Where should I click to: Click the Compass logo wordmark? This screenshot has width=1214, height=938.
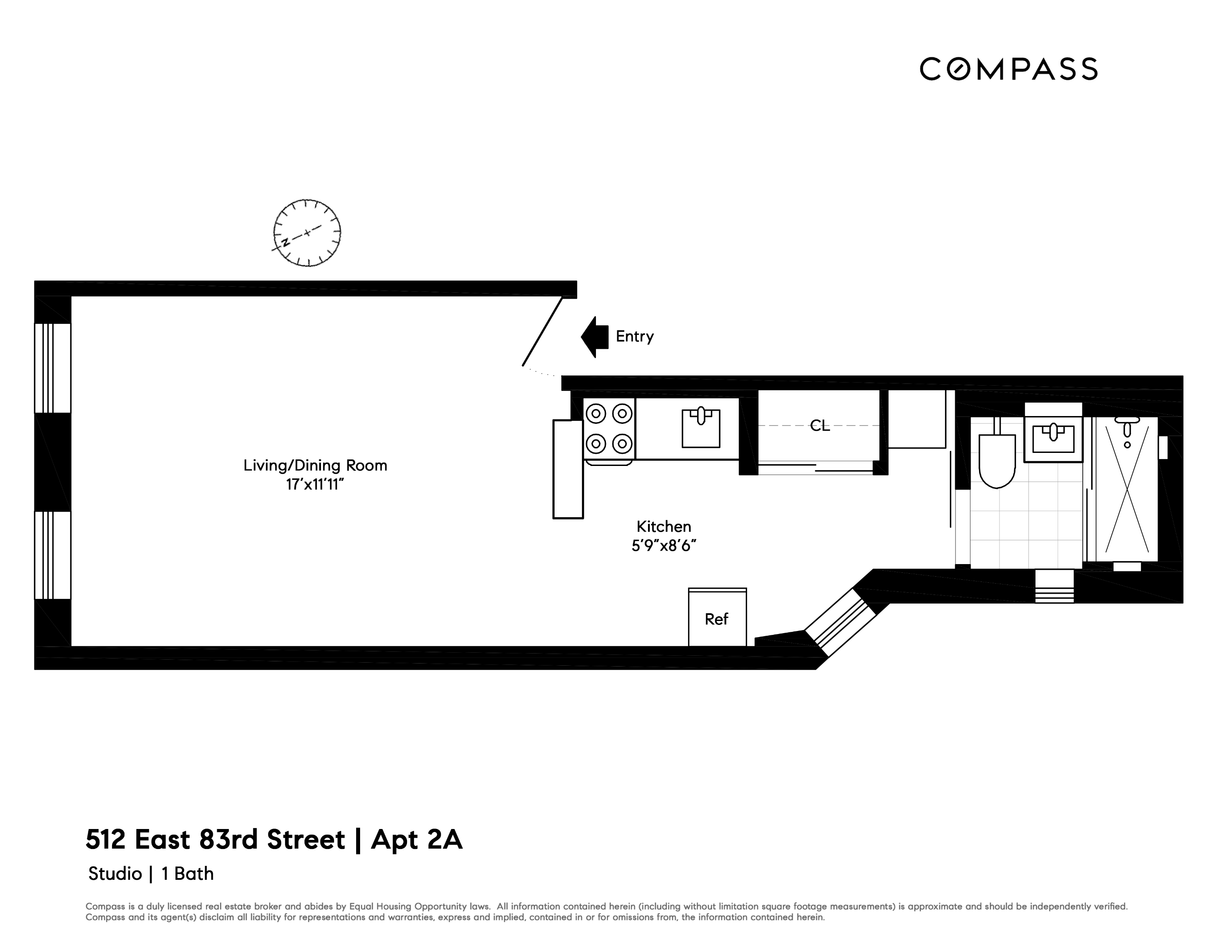[1008, 69]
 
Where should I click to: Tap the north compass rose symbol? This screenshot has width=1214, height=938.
[307, 233]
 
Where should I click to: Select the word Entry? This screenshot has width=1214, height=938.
[634, 337]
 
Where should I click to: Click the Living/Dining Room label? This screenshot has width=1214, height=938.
[315, 466]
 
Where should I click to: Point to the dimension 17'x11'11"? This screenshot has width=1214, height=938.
[315, 485]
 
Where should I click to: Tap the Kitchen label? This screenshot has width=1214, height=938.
[664, 527]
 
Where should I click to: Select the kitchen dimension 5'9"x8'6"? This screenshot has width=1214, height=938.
[664, 546]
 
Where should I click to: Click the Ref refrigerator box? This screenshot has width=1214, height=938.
[717, 618]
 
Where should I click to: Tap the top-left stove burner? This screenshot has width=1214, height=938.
[596, 413]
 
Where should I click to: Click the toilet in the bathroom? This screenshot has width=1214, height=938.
[997, 460]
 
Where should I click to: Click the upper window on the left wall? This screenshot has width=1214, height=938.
[53, 368]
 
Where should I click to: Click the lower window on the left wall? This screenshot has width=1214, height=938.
[53, 555]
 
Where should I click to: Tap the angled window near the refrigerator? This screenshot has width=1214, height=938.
[840, 621]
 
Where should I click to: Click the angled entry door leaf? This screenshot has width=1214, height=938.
[542, 332]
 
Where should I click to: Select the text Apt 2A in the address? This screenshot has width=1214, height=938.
[417, 840]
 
